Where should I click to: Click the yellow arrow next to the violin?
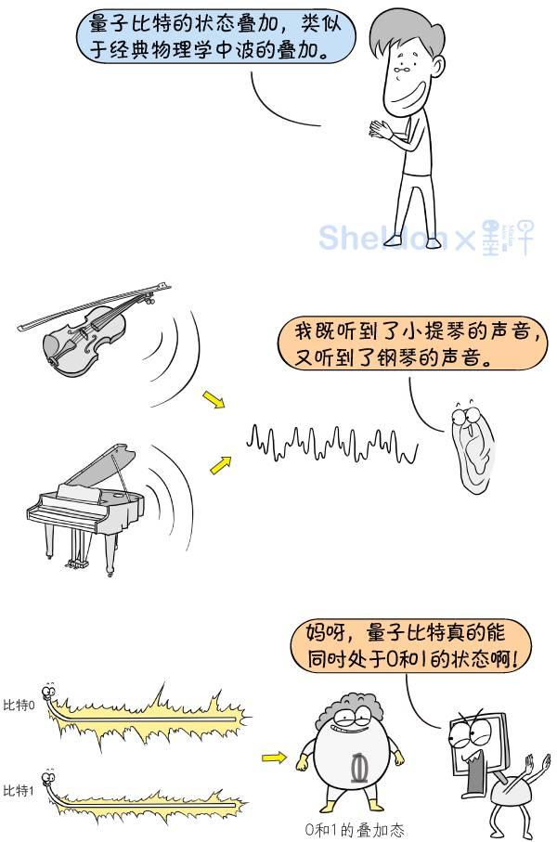tap(214, 399)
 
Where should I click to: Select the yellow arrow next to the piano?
tap(220, 464)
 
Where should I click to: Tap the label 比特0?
tap(19, 706)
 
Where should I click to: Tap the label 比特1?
tap(19, 791)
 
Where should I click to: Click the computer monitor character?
tap(475, 752)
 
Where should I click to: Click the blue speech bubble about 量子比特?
tap(214, 36)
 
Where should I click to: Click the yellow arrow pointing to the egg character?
tap(274, 758)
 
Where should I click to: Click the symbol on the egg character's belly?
tap(356, 768)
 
